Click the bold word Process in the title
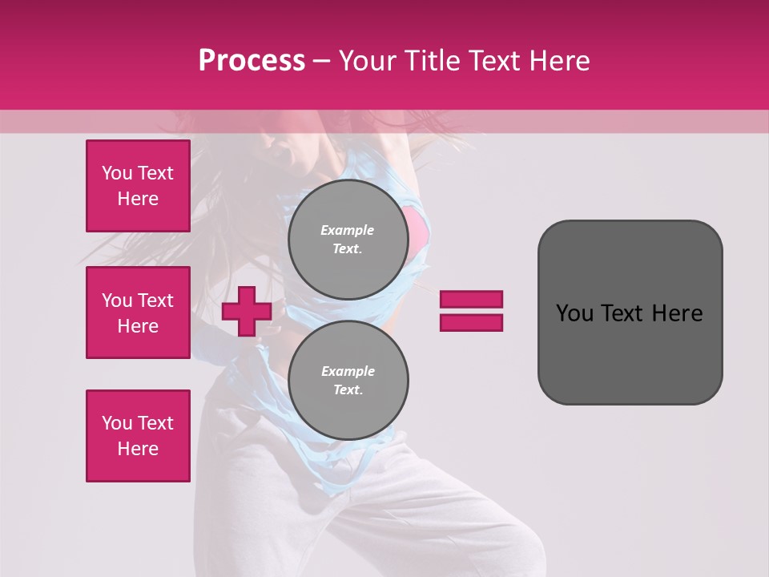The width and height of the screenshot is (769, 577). [252, 61]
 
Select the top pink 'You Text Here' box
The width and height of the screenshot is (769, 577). [138, 186]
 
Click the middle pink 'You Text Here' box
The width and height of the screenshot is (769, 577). [138, 313]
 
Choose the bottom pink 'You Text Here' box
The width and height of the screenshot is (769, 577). [138, 436]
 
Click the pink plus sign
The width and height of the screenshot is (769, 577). [247, 312]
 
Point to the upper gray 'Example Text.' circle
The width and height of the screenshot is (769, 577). [348, 240]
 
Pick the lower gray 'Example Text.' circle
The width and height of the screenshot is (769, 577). [348, 381]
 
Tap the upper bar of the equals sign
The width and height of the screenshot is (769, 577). [471, 300]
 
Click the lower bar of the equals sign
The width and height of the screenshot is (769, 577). [471, 323]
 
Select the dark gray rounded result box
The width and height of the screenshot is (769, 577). [630, 313]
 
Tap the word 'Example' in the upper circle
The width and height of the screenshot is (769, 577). [348, 230]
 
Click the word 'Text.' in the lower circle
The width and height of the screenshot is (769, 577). [348, 390]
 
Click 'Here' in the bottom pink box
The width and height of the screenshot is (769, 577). [138, 449]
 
